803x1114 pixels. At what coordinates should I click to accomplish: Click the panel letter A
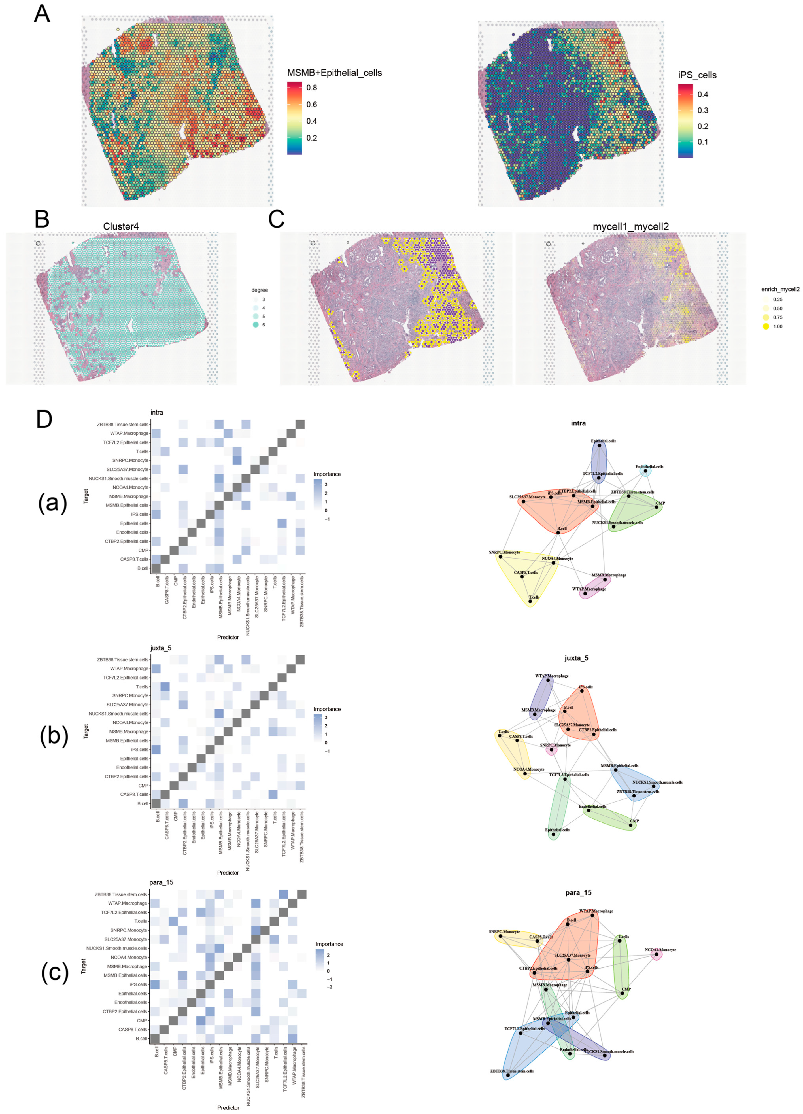(42, 13)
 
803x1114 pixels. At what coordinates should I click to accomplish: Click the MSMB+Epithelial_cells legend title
(334, 73)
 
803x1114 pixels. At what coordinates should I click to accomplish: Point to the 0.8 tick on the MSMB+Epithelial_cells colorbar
(311, 88)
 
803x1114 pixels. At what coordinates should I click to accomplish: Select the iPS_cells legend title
(697, 75)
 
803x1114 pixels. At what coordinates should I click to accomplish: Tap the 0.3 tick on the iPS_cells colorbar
(702, 110)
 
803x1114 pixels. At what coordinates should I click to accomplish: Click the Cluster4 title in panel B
(120, 226)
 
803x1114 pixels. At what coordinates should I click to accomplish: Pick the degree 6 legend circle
(256, 325)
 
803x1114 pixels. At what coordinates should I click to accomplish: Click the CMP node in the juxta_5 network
(631, 825)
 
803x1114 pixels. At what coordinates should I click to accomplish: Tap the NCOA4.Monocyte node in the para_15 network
(656, 954)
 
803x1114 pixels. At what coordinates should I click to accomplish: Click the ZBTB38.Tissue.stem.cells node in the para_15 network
(508, 1075)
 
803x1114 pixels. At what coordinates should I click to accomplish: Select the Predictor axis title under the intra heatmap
(228, 637)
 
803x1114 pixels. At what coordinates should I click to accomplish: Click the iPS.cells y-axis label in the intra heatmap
(139, 514)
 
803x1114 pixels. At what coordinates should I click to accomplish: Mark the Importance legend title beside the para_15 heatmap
(329, 944)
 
